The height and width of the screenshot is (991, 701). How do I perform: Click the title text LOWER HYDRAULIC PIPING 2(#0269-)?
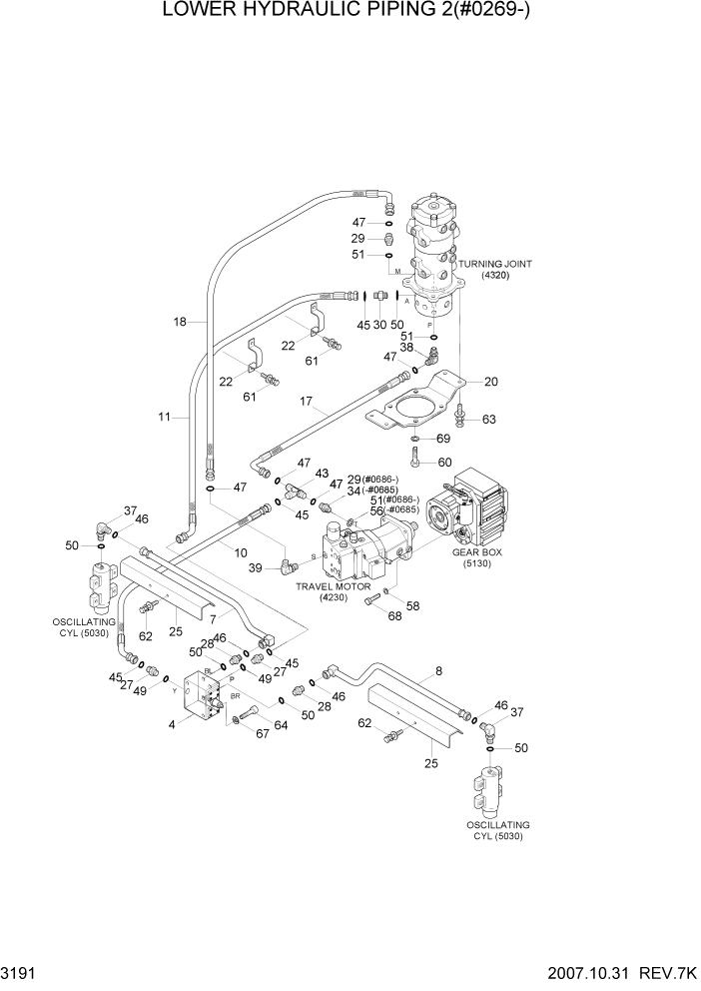coord(350,13)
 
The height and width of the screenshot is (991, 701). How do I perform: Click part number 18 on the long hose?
coord(180,322)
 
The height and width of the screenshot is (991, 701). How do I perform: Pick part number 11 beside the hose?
coord(164,417)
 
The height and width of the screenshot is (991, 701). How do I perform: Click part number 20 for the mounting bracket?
coord(489,381)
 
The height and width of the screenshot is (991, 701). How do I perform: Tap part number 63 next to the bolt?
coord(488,420)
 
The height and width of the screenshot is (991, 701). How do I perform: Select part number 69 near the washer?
coord(443,439)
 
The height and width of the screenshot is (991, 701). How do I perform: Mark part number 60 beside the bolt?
coord(443,462)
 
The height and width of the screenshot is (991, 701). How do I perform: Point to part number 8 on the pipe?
coord(437,672)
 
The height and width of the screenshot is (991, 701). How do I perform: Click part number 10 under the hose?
coord(241,552)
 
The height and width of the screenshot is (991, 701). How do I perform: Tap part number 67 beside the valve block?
coord(234,735)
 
